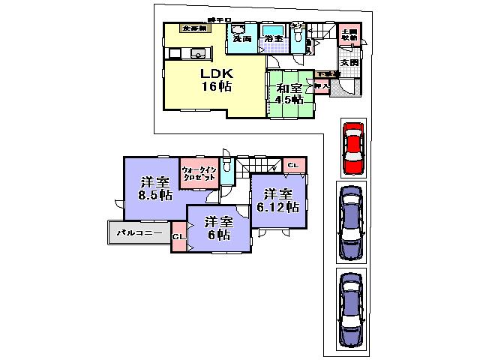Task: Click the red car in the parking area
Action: click(352, 147)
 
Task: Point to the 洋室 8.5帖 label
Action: click(154, 188)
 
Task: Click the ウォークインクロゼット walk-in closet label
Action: click(199, 174)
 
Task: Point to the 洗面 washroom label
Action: click(241, 37)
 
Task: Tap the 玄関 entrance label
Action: click(349, 63)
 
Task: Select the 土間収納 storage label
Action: click(349, 34)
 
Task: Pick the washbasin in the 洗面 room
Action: click(241, 29)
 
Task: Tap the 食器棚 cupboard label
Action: click(194, 28)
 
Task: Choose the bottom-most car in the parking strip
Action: click(351, 308)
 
